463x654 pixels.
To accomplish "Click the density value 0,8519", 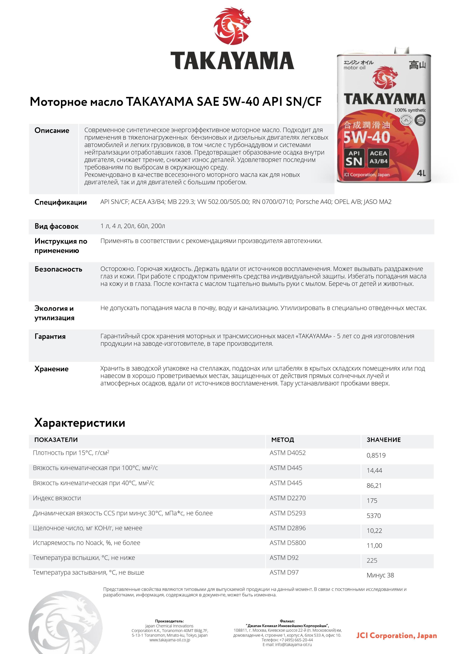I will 376,455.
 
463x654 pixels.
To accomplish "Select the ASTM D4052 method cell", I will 288,453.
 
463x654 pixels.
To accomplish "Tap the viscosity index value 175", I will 372,500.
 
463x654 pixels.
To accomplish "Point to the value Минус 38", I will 380,575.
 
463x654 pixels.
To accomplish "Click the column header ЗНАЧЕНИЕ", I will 384,439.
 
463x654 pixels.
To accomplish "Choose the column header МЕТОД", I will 283,439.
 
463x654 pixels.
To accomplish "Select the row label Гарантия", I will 50,336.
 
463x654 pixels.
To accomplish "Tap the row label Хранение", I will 51,369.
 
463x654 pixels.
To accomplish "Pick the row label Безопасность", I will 58,269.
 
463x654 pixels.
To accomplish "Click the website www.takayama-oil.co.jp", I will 170,640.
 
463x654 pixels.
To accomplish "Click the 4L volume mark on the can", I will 421,173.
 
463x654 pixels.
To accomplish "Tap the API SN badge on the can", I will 354,158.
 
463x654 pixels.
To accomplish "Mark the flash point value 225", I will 372,560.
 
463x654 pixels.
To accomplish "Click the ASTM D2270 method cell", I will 288,498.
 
